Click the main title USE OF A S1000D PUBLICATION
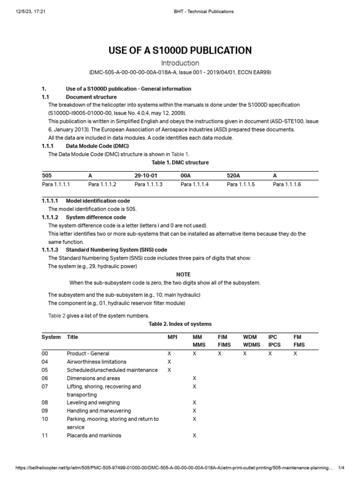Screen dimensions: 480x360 (180, 50)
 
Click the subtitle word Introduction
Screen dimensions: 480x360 (180, 63)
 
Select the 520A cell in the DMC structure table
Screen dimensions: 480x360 (233, 175)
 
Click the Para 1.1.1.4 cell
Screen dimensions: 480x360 (195, 185)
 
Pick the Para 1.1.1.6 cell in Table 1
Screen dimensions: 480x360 (287, 185)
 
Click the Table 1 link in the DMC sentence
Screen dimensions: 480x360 (180, 154)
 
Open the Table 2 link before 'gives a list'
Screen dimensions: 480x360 (57, 315)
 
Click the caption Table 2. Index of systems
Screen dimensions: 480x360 (180, 324)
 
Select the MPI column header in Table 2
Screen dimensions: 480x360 (172, 337)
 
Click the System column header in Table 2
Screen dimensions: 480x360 (51, 337)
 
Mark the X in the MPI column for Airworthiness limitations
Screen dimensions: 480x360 (169, 362)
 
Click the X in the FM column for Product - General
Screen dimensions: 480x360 (295, 353)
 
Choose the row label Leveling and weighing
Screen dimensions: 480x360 (93, 403)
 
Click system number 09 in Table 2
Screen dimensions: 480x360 (45, 411)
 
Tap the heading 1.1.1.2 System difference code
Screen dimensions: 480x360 (84, 217)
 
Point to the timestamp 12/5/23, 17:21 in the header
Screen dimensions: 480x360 (31, 11)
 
